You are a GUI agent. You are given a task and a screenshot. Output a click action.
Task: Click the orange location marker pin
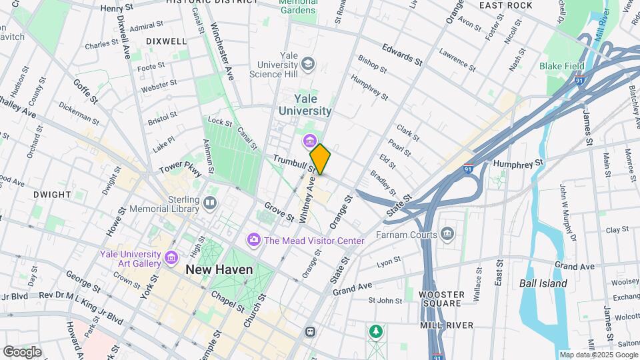pos(320,159)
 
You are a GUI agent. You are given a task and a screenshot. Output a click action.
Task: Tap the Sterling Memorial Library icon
pos(211,202)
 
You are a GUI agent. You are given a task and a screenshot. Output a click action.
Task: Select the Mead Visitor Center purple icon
pos(253,240)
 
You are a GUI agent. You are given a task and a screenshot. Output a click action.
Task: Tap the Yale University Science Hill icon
pos(307,64)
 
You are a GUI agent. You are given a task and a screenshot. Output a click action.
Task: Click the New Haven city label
pos(219,270)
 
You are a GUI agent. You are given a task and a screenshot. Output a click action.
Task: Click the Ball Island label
pos(543,283)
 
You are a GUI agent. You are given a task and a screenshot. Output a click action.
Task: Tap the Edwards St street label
pos(402,55)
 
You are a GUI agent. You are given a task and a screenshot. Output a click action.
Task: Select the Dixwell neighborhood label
pos(166,41)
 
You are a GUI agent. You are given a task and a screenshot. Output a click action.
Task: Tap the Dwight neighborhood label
pos(51,195)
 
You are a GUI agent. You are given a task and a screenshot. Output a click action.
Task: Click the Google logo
pos(22,351)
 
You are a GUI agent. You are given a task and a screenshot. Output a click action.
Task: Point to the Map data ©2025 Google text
pos(597,355)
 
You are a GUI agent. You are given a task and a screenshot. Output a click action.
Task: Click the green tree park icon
pos(377,331)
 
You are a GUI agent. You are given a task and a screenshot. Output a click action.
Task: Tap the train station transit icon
pos(310,331)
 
